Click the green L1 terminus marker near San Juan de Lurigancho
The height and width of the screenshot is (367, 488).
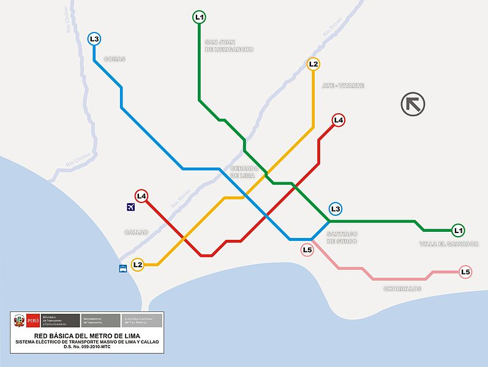point(199,17)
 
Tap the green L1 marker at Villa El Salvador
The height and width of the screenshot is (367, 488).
point(457,231)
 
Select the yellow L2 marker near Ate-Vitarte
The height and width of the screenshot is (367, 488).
point(313,64)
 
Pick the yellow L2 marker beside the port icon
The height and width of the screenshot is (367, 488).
point(137,265)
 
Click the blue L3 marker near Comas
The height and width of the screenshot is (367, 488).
point(94,39)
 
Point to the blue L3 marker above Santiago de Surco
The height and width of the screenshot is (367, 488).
point(335,209)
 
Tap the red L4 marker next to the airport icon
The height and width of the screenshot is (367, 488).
point(141,196)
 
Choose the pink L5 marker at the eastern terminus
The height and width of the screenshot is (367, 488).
point(465,272)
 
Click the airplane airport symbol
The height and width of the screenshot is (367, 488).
point(130,207)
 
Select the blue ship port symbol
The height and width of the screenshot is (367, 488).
point(122,268)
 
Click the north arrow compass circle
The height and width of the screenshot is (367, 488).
point(413,104)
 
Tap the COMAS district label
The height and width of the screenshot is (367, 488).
point(114,59)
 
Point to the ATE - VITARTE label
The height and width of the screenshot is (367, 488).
point(343,86)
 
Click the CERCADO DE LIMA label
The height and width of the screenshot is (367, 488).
point(245,172)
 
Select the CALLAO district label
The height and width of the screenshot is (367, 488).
point(136,232)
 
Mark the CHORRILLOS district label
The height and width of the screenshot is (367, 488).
point(402,289)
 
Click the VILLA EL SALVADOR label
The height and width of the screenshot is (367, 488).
point(449,244)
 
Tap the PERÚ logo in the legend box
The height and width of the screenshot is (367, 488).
point(26,320)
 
